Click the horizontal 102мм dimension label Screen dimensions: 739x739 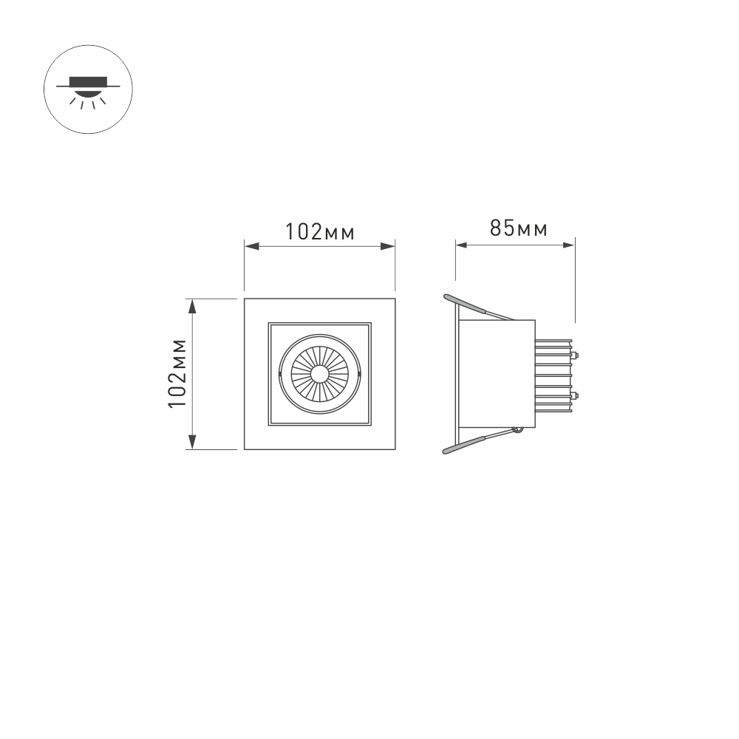pyautogui.click(x=319, y=232)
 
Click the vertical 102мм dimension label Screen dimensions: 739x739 pyautogui.click(x=178, y=373)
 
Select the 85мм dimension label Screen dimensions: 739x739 pyautogui.click(x=519, y=228)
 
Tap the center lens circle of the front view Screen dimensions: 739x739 pyautogui.click(x=319, y=374)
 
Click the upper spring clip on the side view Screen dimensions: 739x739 pyautogui.click(x=465, y=304)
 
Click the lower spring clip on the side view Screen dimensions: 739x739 pyautogui.click(x=464, y=445)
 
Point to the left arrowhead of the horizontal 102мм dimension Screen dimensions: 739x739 pyautogui.click(x=252, y=246)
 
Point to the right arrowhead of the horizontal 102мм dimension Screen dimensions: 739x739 pyautogui.click(x=388, y=246)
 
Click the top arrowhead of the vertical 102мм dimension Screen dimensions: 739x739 pyautogui.click(x=192, y=307)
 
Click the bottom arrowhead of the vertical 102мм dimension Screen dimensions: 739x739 pyautogui.click(x=192, y=442)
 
